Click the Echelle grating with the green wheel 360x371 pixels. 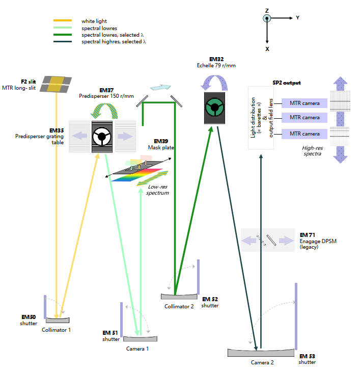[214, 108]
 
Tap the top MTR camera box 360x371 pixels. [304, 103]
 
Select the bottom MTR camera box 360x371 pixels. [304, 134]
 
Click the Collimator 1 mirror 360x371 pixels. [58, 320]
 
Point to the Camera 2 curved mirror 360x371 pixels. [260, 353]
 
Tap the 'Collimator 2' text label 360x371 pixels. [179, 306]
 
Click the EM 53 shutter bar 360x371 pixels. [296, 316]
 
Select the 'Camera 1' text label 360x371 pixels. [137, 349]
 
